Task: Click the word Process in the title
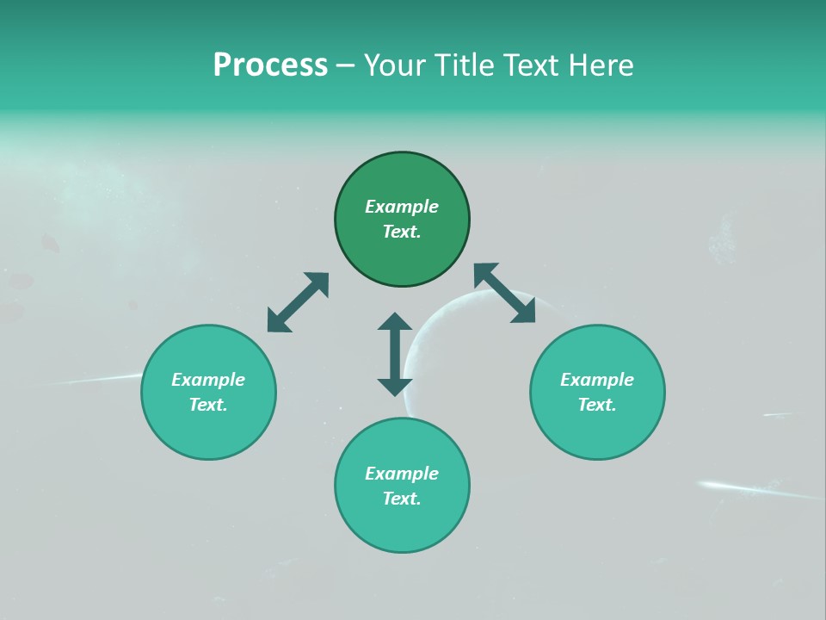(270, 65)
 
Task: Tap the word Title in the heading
(464, 65)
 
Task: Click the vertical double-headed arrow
(395, 354)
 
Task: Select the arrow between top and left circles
(298, 302)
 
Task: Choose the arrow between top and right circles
(504, 293)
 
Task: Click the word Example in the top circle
(402, 207)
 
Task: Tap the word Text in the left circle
(208, 405)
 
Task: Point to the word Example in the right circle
(597, 380)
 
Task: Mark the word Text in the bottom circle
(402, 499)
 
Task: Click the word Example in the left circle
(208, 380)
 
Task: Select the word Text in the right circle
(597, 405)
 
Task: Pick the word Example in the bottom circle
(402, 474)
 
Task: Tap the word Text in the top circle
(402, 232)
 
